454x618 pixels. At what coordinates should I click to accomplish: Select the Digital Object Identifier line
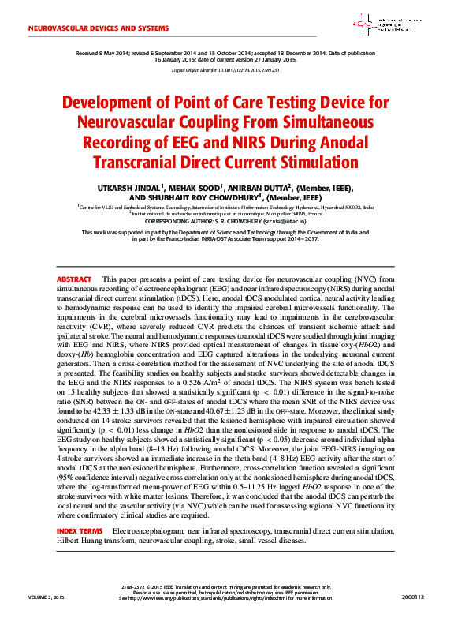click(x=228, y=71)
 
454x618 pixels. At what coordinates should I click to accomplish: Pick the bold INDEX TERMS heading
click(x=80, y=532)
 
